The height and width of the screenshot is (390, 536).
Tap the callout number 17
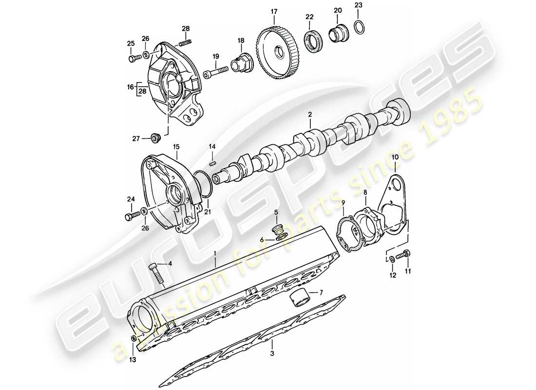click(x=274, y=11)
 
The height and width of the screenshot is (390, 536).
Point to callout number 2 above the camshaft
click(x=309, y=115)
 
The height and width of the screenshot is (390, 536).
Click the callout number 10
click(x=395, y=157)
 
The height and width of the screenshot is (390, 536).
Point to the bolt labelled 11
click(x=403, y=254)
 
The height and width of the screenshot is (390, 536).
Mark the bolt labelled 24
click(x=132, y=215)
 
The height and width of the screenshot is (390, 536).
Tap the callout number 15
click(x=176, y=147)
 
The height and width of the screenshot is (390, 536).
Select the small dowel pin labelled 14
click(x=212, y=163)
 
